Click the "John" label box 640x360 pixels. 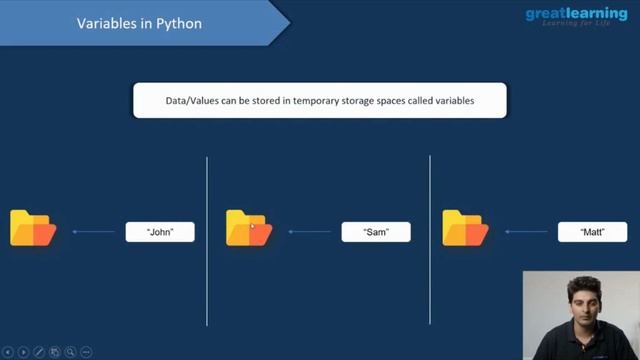click(x=160, y=232)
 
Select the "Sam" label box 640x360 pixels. click(x=375, y=232)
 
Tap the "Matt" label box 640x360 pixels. click(x=592, y=232)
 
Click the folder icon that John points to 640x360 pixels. click(x=33, y=228)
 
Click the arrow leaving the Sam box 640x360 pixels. click(x=310, y=232)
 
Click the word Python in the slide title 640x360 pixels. click(x=180, y=22)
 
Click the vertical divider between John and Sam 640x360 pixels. click(x=207, y=240)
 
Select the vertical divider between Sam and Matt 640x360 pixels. click(x=430, y=240)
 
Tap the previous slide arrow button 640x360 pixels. click(x=9, y=352)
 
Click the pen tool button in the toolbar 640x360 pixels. click(x=39, y=352)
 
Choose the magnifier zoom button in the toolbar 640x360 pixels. click(x=71, y=352)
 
